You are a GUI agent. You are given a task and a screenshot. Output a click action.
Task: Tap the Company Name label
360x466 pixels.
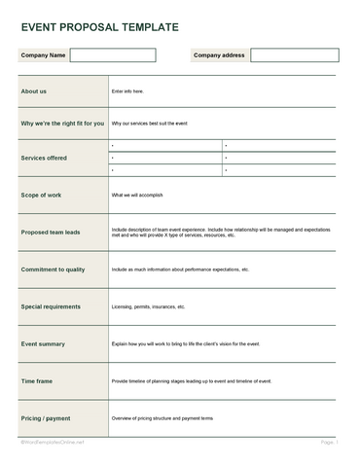(44, 55)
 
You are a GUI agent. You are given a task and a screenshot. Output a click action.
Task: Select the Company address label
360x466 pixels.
(219, 55)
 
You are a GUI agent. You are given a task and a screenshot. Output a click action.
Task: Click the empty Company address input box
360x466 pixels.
(294, 55)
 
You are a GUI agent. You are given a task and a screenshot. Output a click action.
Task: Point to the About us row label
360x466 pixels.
(34, 91)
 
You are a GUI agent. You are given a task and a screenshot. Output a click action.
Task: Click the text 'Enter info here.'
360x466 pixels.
(127, 91)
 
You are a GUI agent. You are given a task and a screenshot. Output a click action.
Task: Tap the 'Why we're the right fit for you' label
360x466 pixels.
(62, 124)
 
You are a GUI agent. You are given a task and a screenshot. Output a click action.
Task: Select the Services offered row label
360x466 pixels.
(45, 157)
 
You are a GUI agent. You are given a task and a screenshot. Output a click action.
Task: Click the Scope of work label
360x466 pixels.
(42, 195)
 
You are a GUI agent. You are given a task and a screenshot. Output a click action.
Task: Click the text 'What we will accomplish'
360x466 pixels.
(142, 195)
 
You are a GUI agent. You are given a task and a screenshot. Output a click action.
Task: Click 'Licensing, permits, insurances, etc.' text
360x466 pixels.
(148, 306)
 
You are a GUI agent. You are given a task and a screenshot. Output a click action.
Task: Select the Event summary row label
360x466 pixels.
(43, 343)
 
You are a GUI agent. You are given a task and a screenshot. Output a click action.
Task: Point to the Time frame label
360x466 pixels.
(38, 381)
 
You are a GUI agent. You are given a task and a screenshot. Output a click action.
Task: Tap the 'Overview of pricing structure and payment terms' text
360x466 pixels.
(162, 418)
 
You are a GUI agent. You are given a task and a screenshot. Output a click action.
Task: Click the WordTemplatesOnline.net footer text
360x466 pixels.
(54, 442)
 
